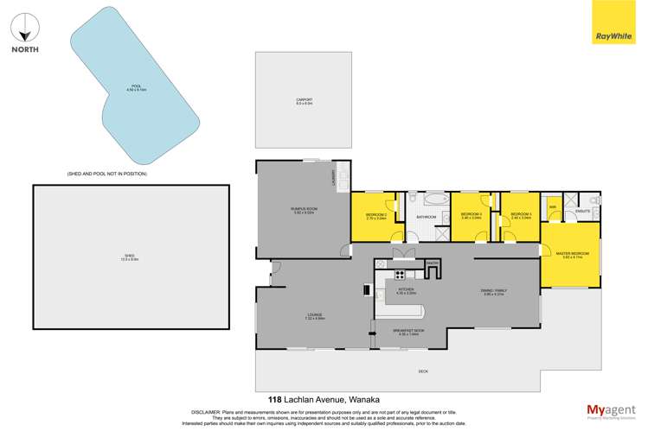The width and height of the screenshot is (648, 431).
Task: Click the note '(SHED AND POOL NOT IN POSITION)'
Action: [x=107, y=174]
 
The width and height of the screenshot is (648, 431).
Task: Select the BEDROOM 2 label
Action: [x=375, y=215]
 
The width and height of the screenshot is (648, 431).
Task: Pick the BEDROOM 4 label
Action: [x=471, y=215]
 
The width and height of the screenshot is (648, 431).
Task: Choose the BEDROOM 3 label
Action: [x=522, y=215]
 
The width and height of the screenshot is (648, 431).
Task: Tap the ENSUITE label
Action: [x=583, y=211]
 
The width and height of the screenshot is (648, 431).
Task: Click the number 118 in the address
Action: [x=275, y=399]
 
